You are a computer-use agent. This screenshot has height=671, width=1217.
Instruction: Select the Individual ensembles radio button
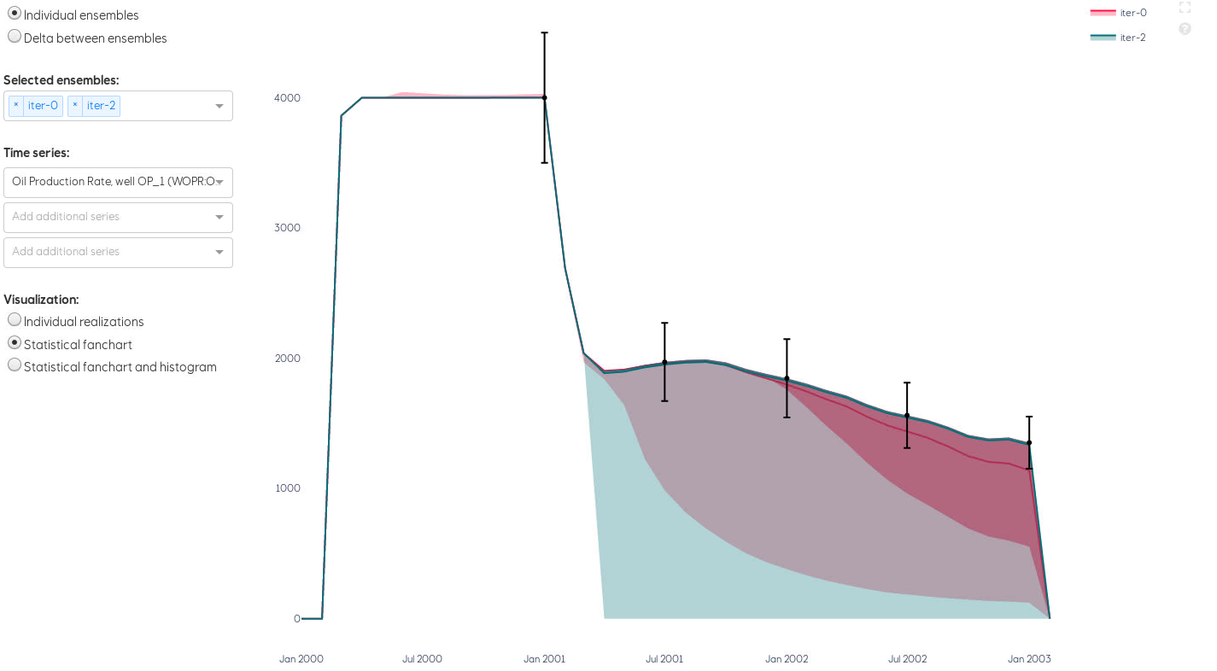(15, 14)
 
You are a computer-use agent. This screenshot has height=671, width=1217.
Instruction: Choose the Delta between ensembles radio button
(15, 37)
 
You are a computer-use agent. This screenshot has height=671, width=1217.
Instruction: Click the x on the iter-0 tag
(16, 105)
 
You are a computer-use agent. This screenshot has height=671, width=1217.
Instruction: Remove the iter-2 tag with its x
(75, 105)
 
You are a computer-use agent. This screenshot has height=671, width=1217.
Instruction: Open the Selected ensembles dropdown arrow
(219, 106)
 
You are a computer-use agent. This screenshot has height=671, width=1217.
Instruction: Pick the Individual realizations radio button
(15, 320)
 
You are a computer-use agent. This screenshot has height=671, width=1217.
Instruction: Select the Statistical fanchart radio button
(15, 343)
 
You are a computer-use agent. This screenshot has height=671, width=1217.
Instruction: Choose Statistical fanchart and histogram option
(15, 365)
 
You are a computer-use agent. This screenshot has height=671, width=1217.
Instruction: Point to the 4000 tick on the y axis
(287, 98)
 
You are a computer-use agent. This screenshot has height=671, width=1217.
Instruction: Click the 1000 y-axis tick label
(287, 488)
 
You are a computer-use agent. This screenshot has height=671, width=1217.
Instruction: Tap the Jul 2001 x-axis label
(664, 659)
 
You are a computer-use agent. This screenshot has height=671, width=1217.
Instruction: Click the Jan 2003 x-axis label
(1029, 659)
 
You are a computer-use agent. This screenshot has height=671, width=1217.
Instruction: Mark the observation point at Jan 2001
(544, 97)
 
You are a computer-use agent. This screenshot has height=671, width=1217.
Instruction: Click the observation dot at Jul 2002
(907, 416)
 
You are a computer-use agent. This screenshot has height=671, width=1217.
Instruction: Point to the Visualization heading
(41, 300)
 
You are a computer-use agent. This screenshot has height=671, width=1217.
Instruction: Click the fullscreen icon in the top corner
(1185, 8)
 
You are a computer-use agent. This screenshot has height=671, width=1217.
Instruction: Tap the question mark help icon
(1185, 29)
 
